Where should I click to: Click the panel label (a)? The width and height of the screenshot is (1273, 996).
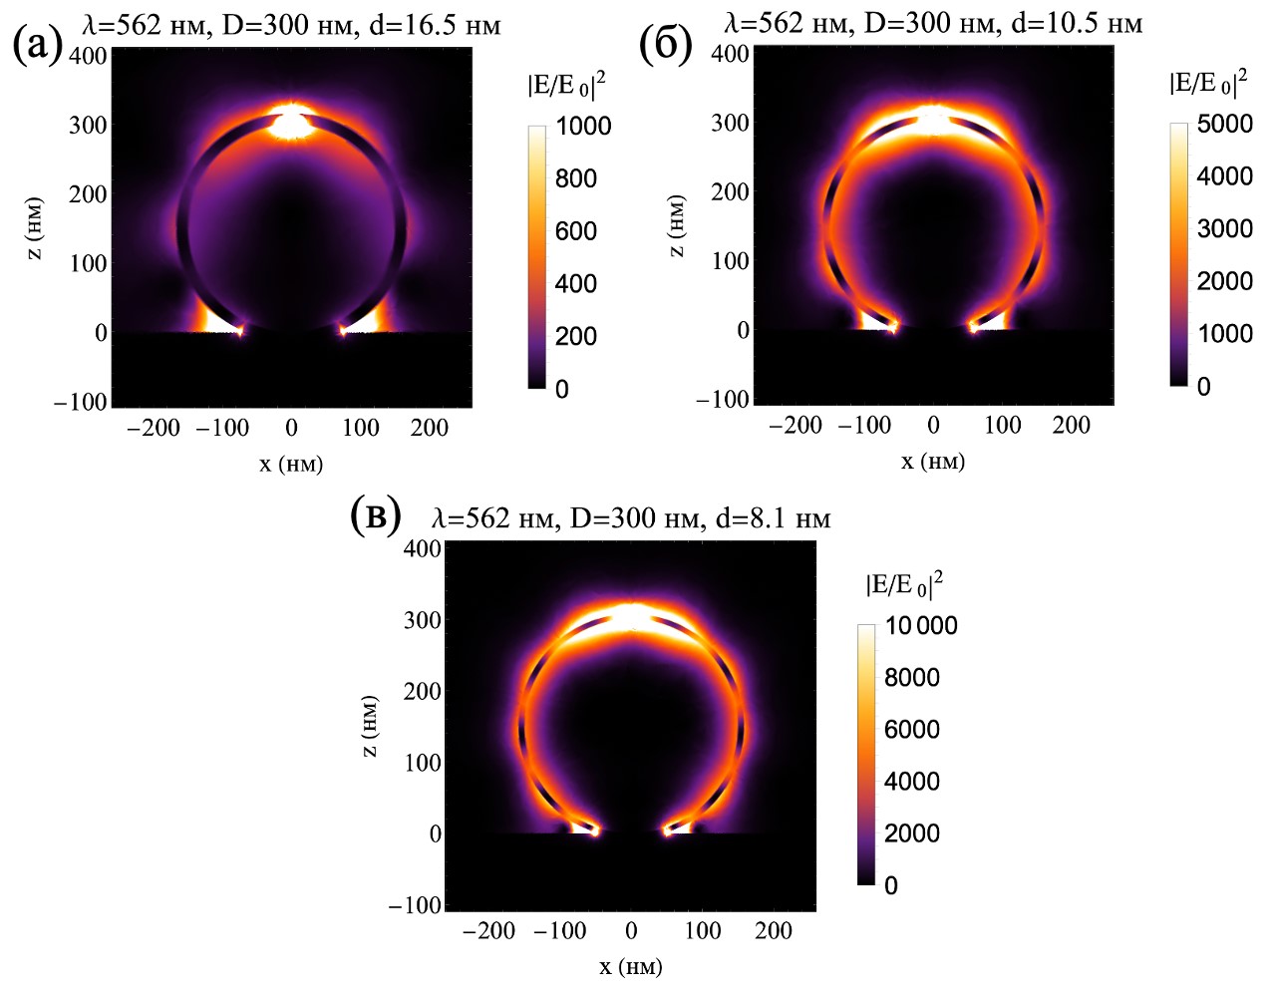38,44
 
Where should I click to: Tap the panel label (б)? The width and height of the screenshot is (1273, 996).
665,44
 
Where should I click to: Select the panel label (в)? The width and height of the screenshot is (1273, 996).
376,515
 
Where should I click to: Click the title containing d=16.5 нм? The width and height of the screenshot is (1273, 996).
291,24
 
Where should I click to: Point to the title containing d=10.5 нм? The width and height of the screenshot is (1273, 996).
933,22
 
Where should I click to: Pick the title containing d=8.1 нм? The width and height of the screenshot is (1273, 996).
631,517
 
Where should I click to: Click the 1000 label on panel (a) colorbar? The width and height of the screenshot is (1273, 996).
583,127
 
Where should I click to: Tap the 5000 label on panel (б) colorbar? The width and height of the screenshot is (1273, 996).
1224,125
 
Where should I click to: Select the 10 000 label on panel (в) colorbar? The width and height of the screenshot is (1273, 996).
921,626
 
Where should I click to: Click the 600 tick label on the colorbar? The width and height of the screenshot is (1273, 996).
576,231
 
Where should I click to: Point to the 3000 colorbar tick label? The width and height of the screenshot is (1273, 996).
1224,229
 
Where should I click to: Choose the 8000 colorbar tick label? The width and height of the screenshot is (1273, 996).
912,678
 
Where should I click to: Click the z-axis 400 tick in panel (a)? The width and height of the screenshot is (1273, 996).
88,56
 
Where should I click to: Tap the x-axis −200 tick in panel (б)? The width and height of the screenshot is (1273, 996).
796,426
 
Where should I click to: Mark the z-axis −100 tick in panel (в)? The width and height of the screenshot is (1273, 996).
415,905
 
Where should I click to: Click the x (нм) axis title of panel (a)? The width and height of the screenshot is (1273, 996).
291,464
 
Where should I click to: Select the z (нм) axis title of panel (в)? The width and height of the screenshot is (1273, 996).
369,726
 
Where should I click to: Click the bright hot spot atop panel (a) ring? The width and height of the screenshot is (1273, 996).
291,123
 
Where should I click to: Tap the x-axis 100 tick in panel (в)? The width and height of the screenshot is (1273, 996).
702,931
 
